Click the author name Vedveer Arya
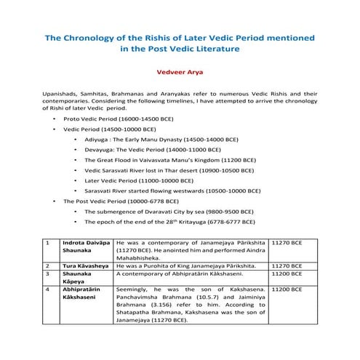tap(180, 72)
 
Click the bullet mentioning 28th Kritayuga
tap(169, 221)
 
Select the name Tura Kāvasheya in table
tap(82, 266)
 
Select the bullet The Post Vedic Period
tap(120, 200)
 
